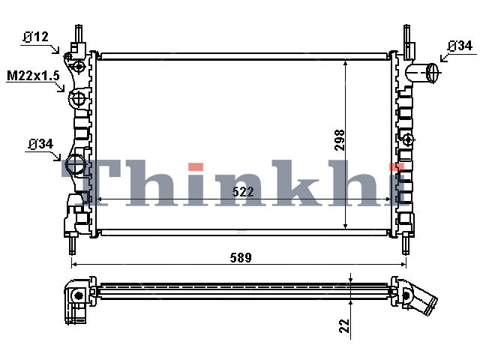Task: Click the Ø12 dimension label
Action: [35, 37]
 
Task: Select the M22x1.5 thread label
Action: [33, 76]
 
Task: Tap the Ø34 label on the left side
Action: [41, 144]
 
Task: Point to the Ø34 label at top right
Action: [460, 46]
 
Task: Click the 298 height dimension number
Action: [340, 140]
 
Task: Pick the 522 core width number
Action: [243, 192]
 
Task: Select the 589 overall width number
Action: [241, 258]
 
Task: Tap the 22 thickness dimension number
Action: [344, 325]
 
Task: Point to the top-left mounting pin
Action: [79, 33]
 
